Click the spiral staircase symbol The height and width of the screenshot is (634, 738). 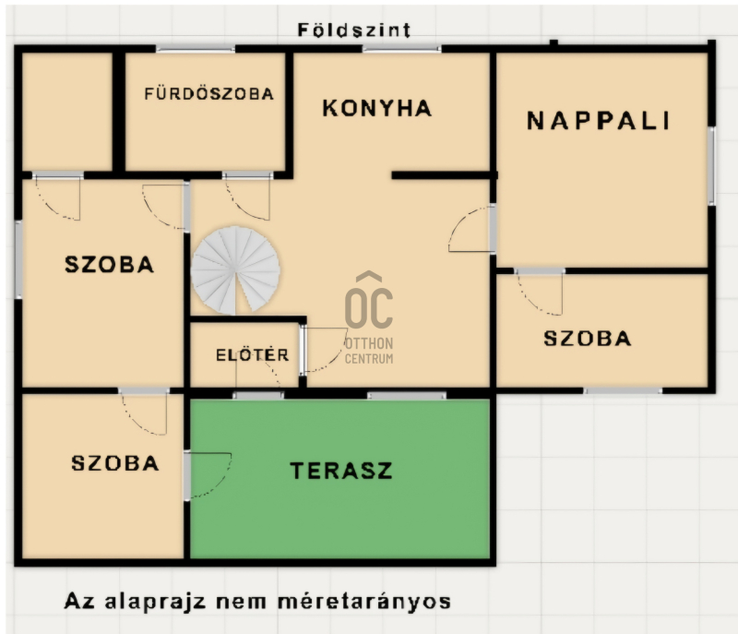(x=235, y=270)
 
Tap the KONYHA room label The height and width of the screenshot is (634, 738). (x=377, y=108)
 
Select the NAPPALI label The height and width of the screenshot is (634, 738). (x=598, y=121)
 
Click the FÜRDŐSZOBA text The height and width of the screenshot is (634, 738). (x=209, y=93)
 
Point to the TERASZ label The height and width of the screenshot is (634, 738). (x=340, y=471)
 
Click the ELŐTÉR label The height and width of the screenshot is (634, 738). (x=252, y=355)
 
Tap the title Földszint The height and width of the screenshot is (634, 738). (x=354, y=30)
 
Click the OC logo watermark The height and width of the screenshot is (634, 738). (x=369, y=300)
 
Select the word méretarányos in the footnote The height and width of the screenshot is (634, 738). (x=364, y=602)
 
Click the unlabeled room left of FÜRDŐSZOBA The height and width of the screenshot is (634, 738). (x=67, y=112)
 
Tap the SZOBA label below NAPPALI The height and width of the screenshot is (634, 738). (x=588, y=339)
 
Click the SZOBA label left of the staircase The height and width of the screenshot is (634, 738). (x=109, y=265)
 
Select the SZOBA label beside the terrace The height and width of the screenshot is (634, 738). (x=114, y=463)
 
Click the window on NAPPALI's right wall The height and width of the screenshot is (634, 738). (x=711, y=166)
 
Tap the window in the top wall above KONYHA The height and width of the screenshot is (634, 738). (x=402, y=49)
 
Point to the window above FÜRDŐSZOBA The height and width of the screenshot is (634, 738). (x=196, y=49)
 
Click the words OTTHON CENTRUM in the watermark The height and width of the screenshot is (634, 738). (x=369, y=351)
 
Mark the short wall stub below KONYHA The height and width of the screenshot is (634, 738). (x=445, y=175)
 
